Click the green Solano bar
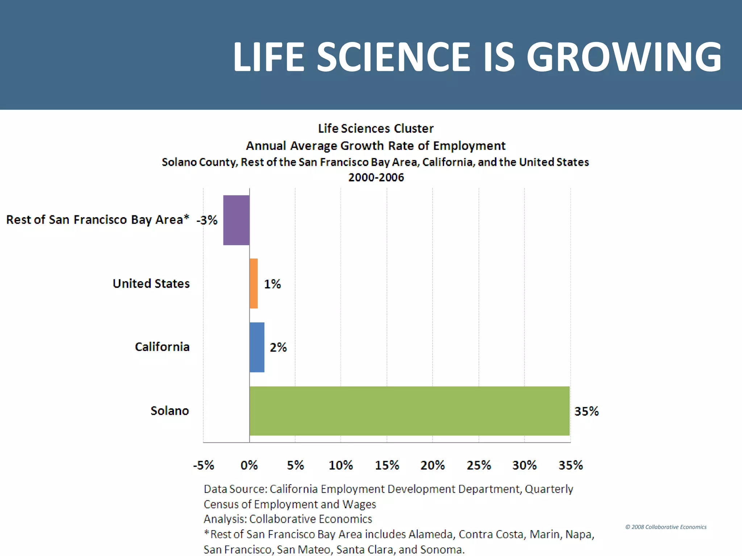(409, 411)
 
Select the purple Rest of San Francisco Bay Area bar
(236, 220)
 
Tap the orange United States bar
(254, 283)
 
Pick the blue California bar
(257, 347)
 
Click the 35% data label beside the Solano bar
(586, 411)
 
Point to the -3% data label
(207, 220)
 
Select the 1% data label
(272, 284)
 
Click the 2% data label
(278, 347)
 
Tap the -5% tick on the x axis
(204, 465)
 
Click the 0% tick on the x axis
(249, 465)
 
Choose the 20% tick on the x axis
(433, 465)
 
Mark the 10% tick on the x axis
(341, 465)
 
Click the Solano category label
(170, 411)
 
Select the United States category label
(151, 283)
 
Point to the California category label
(162, 347)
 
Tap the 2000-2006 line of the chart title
(376, 177)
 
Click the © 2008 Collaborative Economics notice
(666, 527)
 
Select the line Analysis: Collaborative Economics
(288, 519)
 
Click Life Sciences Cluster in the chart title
(376, 129)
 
